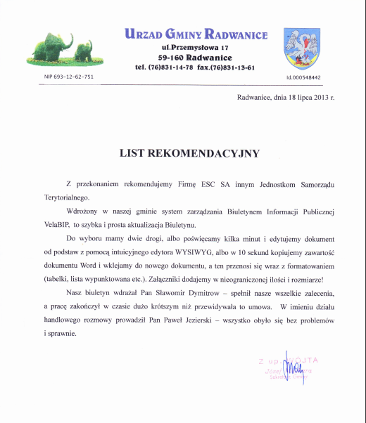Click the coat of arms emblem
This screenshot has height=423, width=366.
(303, 48)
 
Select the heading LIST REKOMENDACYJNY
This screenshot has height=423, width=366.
(189, 152)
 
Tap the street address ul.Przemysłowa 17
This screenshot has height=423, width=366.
(196, 46)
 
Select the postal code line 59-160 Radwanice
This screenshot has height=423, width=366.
(196, 57)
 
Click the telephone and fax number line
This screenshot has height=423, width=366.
(194, 67)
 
